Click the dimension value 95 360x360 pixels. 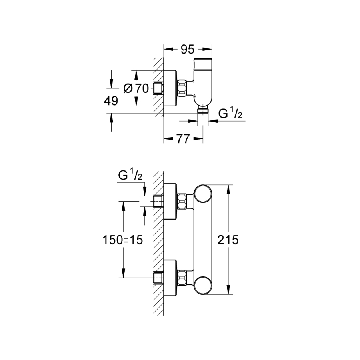(187, 50)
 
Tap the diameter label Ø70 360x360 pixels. (136, 88)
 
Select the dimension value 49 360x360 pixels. (110, 101)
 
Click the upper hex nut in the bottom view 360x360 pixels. (182, 201)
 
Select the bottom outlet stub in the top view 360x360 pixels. (204, 110)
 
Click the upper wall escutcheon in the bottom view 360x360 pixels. (171, 201)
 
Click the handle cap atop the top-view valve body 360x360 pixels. (204, 63)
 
